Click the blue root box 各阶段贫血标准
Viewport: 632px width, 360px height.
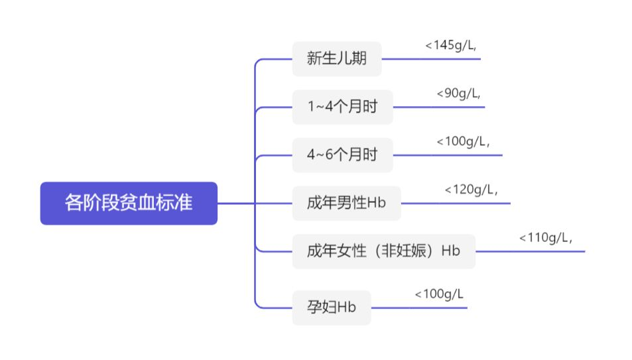(x=129, y=203)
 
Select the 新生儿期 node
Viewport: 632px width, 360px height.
(x=337, y=59)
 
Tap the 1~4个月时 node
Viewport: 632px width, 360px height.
(x=343, y=107)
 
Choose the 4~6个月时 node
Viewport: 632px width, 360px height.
(x=343, y=154)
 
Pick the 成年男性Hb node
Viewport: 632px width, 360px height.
(x=347, y=203)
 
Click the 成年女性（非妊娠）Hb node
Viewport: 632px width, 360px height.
(x=384, y=251)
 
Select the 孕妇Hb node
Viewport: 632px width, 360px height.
(x=332, y=308)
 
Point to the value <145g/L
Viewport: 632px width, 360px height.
(x=450, y=45)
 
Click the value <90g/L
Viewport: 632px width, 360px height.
(x=459, y=93)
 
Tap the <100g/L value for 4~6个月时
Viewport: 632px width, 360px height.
(x=463, y=141)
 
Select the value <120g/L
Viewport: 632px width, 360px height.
(x=471, y=190)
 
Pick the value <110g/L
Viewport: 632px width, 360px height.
(x=546, y=238)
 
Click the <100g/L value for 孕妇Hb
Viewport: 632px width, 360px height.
(x=439, y=294)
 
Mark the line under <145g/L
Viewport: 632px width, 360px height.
(x=431, y=59)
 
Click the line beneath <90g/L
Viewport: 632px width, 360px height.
(x=439, y=107)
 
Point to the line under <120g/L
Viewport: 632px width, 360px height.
(x=456, y=203)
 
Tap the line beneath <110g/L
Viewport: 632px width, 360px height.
(x=531, y=251)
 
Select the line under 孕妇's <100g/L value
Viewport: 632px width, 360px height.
(x=419, y=308)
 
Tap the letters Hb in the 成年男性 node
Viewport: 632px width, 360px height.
(x=377, y=203)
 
